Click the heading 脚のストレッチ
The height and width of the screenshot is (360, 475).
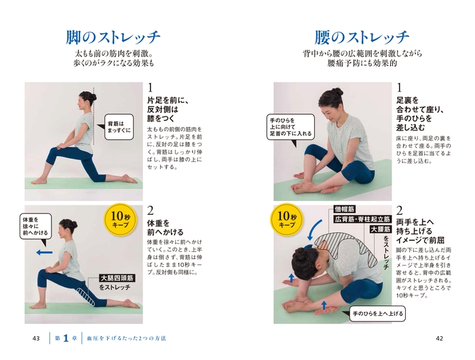point(113,36)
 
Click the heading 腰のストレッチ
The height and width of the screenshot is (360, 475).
point(362,36)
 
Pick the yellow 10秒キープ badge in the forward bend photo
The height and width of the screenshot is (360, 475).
point(286,219)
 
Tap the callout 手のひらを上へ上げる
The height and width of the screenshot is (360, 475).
point(377,314)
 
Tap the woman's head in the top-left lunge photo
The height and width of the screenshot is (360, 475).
point(87,101)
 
